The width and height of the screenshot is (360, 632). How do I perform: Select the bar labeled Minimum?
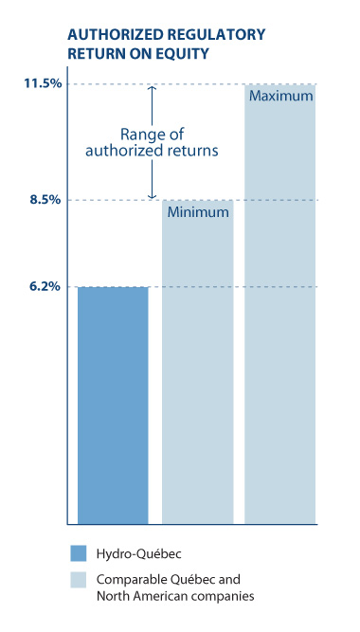pyautogui.click(x=197, y=370)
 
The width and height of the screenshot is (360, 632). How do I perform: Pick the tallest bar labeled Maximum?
pyautogui.click(x=280, y=313)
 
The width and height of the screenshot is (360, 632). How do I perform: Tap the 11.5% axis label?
pyautogui.click(x=43, y=84)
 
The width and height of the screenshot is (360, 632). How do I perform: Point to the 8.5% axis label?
pyautogui.click(x=45, y=200)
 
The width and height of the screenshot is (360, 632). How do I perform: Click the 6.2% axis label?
pyautogui.click(x=45, y=286)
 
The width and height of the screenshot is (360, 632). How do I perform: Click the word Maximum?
pyautogui.click(x=281, y=97)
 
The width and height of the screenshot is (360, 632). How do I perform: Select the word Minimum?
pyautogui.click(x=198, y=212)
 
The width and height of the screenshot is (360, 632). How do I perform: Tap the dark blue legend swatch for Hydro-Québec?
pyautogui.click(x=78, y=553)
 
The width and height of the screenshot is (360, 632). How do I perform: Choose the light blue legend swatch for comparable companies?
pyautogui.click(x=78, y=580)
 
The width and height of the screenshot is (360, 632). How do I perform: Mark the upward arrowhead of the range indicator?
pyautogui.click(x=151, y=90)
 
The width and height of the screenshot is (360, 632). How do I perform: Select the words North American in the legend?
pyautogui.click(x=143, y=596)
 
